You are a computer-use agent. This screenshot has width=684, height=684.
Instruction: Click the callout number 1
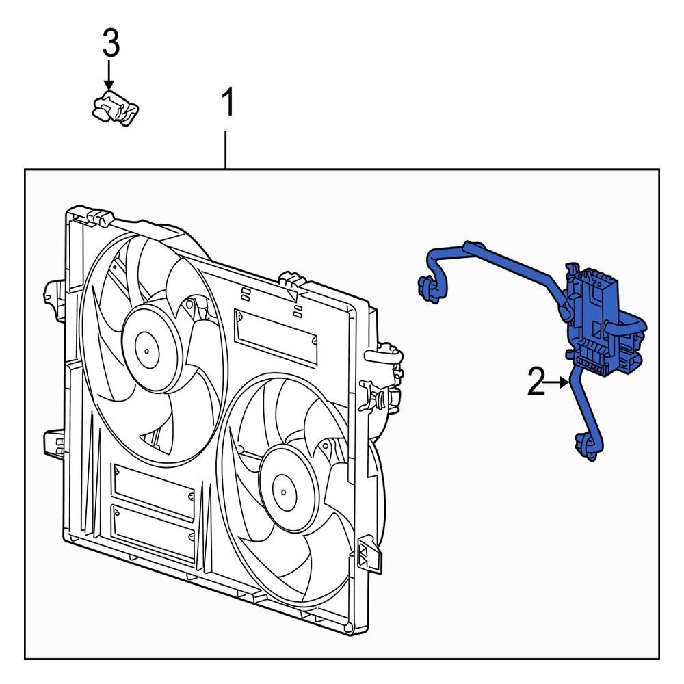(227, 103)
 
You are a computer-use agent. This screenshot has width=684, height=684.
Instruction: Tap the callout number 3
(111, 44)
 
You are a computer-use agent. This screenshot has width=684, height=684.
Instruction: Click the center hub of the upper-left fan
(146, 348)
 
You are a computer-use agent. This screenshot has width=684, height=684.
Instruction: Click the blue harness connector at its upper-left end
(428, 287)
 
